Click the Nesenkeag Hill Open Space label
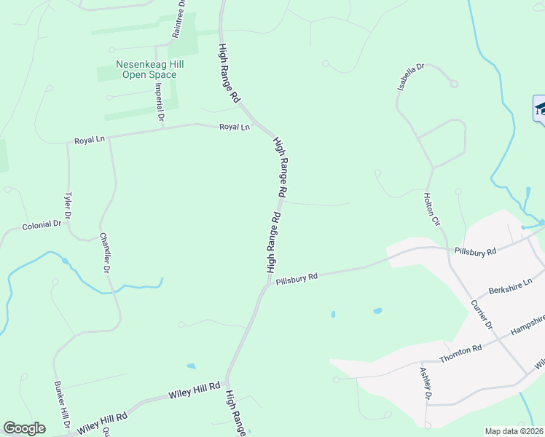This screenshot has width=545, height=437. pyautogui.click(x=149, y=69)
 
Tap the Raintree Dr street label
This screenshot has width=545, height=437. pyautogui.click(x=179, y=19)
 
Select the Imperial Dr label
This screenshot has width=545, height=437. pyautogui.click(x=160, y=102)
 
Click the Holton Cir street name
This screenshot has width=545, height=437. pyautogui.click(x=434, y=208)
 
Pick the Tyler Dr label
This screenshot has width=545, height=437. pyautogui.click(x=68, y=205)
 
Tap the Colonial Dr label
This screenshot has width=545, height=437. pyautogui.click(x=42, y=226)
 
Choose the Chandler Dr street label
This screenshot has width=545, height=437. pyautogui.click(x=105, y=253)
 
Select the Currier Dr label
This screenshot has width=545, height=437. pyautogui.click(x=482, y=315)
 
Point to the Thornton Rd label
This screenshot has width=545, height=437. pyautogui.click(x=460, y=354)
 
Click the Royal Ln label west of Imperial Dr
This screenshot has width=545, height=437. pyautogui.click(x=90, y=140)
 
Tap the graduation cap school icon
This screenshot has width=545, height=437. pyautogui.click(x=540, y=109)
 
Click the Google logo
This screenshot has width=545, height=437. pyautogui.click(x=24, y=428)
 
